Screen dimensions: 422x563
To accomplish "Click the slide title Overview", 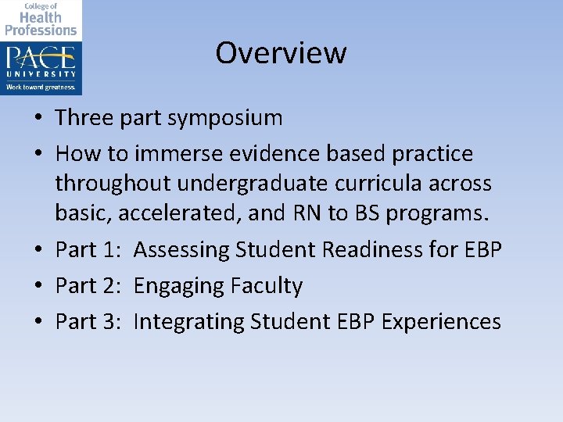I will coord(281,53).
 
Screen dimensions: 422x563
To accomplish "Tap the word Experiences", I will coord(441,322).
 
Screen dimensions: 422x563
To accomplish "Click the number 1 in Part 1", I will coord(110,250).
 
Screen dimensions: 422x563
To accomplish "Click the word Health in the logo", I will coord(41,17).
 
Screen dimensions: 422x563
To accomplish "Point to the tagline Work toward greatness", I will coord(41,87).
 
